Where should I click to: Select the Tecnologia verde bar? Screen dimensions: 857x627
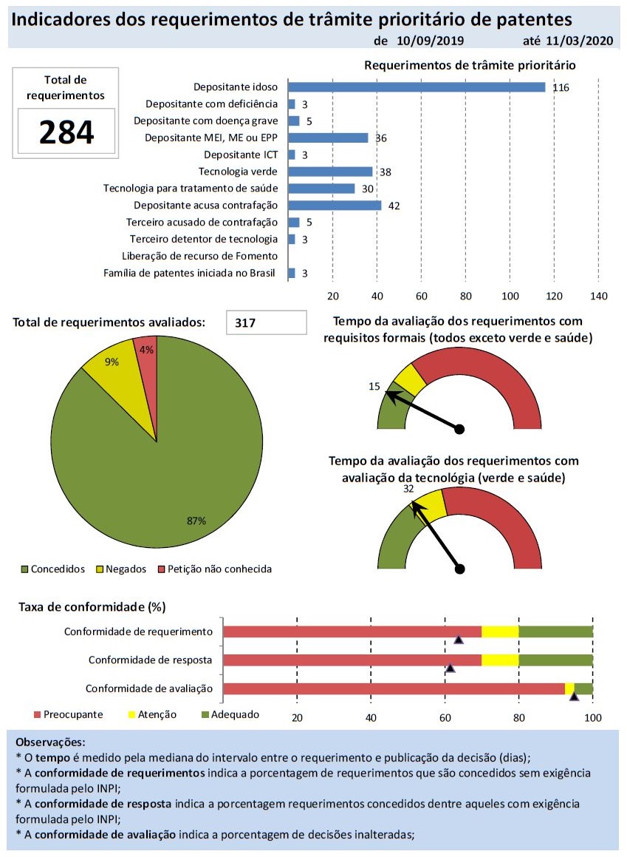330,172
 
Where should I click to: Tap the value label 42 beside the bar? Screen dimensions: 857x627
394,206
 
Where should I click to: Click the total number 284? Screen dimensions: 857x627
66,132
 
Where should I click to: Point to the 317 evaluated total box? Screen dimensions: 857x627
266,322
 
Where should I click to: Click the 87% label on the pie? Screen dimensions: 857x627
196,521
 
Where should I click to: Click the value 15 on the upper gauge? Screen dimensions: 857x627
374,386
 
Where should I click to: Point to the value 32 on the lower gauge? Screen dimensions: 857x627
408,489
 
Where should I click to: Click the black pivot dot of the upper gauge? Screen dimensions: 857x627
459,429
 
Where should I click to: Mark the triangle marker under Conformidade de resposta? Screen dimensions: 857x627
450,668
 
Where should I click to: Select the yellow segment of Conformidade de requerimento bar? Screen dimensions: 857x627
500,631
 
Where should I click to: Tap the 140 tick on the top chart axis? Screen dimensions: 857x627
599,297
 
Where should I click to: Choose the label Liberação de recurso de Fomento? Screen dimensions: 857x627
199,257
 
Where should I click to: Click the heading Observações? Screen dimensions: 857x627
50,742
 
